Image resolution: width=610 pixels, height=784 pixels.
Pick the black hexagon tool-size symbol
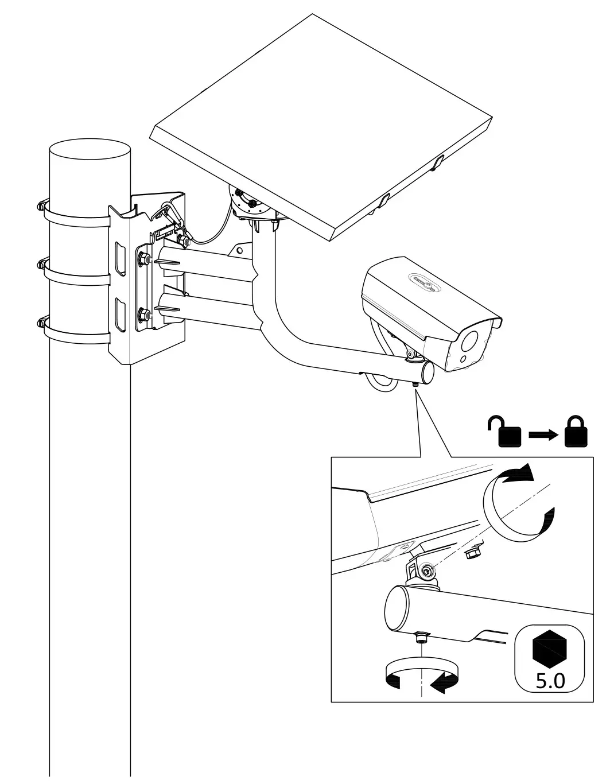[550, 647]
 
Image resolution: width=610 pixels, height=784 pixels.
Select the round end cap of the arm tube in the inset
[395, 610]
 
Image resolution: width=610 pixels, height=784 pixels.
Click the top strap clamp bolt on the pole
[41, 205]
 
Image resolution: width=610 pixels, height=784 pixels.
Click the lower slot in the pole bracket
[121, 314]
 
